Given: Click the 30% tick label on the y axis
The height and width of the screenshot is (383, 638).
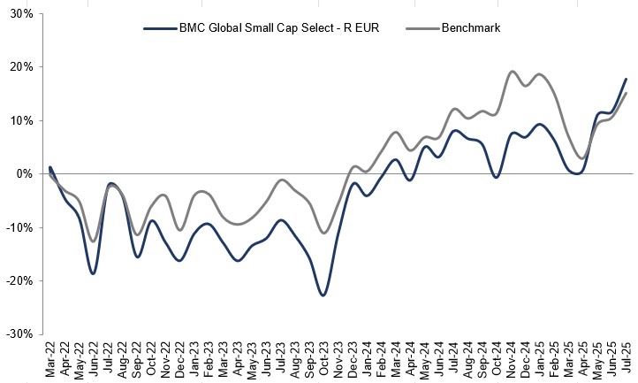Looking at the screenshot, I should (19, 14).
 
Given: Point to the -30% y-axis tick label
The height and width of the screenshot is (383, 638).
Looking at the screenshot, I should (18, 334).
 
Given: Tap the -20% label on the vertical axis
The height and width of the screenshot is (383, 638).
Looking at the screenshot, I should (18, 281).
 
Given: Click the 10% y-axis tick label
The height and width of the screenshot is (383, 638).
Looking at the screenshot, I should (19, 121).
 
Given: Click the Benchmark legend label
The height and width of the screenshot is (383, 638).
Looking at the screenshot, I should (473, 28).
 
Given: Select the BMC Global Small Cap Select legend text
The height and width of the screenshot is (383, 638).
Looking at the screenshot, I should (279, 28).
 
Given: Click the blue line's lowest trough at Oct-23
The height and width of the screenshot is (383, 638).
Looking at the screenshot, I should (323, 295).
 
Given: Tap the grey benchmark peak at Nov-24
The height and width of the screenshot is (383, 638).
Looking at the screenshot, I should (513, 72).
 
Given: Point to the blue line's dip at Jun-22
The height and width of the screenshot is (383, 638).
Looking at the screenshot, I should (93, 273).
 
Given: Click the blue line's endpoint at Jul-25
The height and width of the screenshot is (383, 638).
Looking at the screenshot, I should (627, 80).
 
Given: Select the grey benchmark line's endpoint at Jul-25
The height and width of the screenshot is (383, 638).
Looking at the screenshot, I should (627, 93).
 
